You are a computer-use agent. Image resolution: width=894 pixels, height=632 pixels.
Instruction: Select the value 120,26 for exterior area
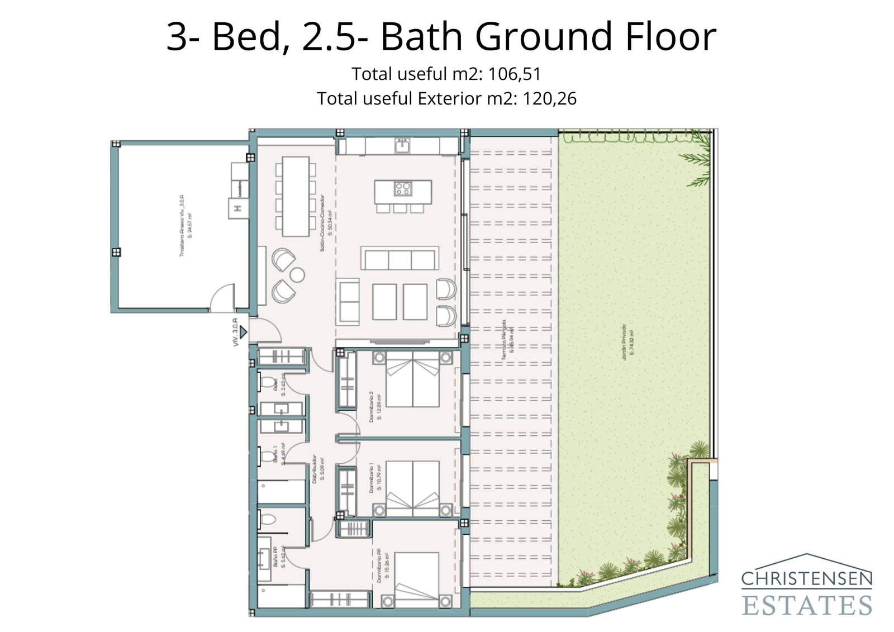click(x=549, y=99)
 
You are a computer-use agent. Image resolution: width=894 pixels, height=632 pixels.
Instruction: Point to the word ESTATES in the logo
click(x=806, y=605)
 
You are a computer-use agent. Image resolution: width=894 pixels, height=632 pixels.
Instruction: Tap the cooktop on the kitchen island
click(x=403, y=188)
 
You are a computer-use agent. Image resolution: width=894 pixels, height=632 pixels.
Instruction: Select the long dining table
click(x=296, y=196)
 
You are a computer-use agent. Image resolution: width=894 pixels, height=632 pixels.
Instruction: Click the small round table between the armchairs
click(x=297, y=274)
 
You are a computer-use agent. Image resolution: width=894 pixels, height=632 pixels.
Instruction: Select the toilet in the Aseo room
click(x=268, y=383)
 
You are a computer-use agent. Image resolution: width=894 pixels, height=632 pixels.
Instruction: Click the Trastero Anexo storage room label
click(x=186, y=225)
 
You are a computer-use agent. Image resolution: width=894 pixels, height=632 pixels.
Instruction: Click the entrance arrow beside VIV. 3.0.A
click(x=243, y=332)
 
